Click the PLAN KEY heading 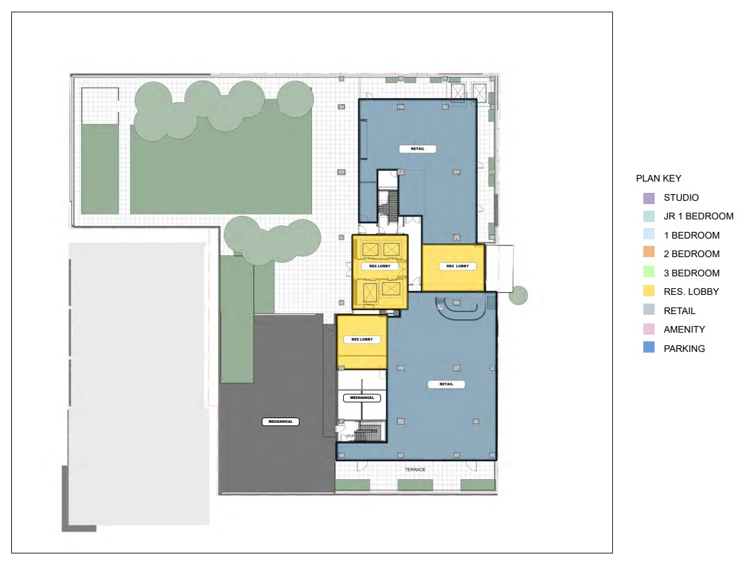pyautogui.click(x=659, y=178)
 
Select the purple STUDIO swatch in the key pyautogui.click(x=649, y=197)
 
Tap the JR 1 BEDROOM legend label pyautogui.click(x=698, y=216)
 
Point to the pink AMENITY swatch pyautogui.click(x=649, y=329)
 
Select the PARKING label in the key pyautogui.click(x=684, y=349)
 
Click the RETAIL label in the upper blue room pyautogui.click(x=417, y=148)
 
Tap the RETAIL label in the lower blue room pyautogui.click(x=446, y=384)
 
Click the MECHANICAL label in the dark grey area pyautogui.click(x=280, y=421)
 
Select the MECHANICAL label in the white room pyautogui.click(x=362, y=398)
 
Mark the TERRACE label pyautogui.click(x=415, y=469)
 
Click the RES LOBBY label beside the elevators pyautogui.click(x=380, y=266)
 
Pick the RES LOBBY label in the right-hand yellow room pyautogui.click(x=458, y=266)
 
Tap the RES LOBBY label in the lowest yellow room pyautogui.click(x=362, y=339)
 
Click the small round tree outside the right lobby pyautogui.click(x=518, y=296)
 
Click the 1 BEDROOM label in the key pyautogui.click(x=692, y=235)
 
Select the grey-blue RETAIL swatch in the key pyautogui.click(x=649, y=309)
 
